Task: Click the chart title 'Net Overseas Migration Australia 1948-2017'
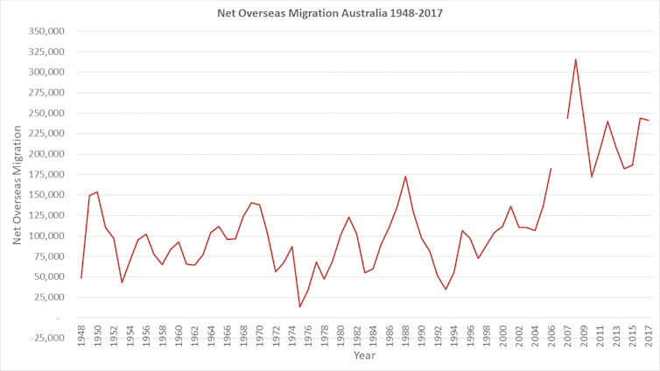click(x=330, y=13)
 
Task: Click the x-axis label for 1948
click(x=81, y=336)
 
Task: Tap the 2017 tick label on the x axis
click(x=649, y=336)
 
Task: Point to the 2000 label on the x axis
click(x=503, y=336)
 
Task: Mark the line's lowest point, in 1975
click(x=300, y=306)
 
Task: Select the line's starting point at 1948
click(x=81, y=278)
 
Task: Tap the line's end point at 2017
click(x=648, y=120)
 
